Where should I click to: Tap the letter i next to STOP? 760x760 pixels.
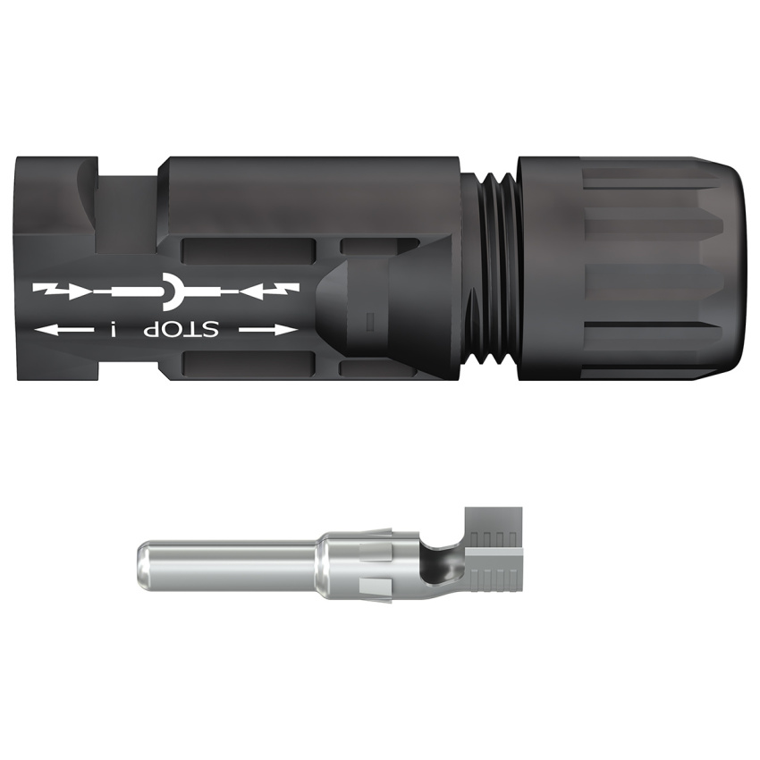114,331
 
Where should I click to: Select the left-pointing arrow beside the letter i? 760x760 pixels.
64,331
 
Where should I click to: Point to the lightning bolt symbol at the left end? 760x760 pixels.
44,291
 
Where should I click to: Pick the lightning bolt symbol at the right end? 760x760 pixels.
287,290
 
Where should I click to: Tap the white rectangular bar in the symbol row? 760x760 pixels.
138,291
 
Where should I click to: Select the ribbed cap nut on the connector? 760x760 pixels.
629,267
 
